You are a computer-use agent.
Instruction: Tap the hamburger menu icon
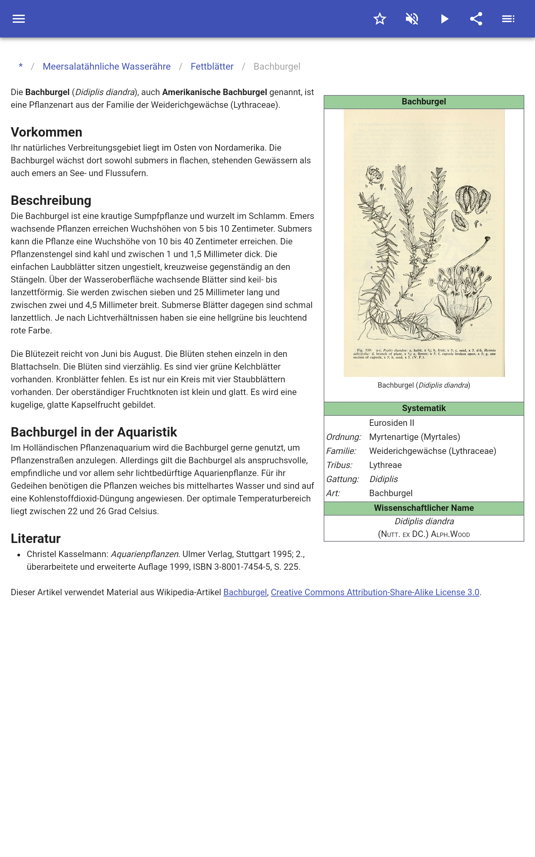click(x=19, y=19)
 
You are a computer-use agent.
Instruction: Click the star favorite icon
click(x=380, y=19)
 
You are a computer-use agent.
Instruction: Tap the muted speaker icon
click(x=412, y=19)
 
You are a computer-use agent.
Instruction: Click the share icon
click(x=476, y=19)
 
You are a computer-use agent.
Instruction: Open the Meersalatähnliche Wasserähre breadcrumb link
click(x=107, y=67)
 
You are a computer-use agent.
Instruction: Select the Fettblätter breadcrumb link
click(x=212, y=67)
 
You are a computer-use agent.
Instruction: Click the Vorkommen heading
click(x=46, y=132)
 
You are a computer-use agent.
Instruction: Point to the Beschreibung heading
click(x=51, y=201)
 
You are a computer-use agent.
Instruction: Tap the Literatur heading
click(x=36, y=538)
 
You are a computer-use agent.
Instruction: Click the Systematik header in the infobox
click(x=424, y=408)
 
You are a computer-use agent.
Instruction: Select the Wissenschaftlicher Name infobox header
click(x=424, y=508)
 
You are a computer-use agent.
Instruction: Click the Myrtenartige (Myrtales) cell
click(x=414, y=437)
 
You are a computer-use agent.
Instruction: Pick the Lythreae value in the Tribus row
click(x=385, y=465)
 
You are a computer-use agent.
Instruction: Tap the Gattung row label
click(x=342, y=479)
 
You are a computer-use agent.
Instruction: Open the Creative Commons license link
click(x=375, y=592)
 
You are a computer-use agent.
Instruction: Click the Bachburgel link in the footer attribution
click(x=245, y=592)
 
